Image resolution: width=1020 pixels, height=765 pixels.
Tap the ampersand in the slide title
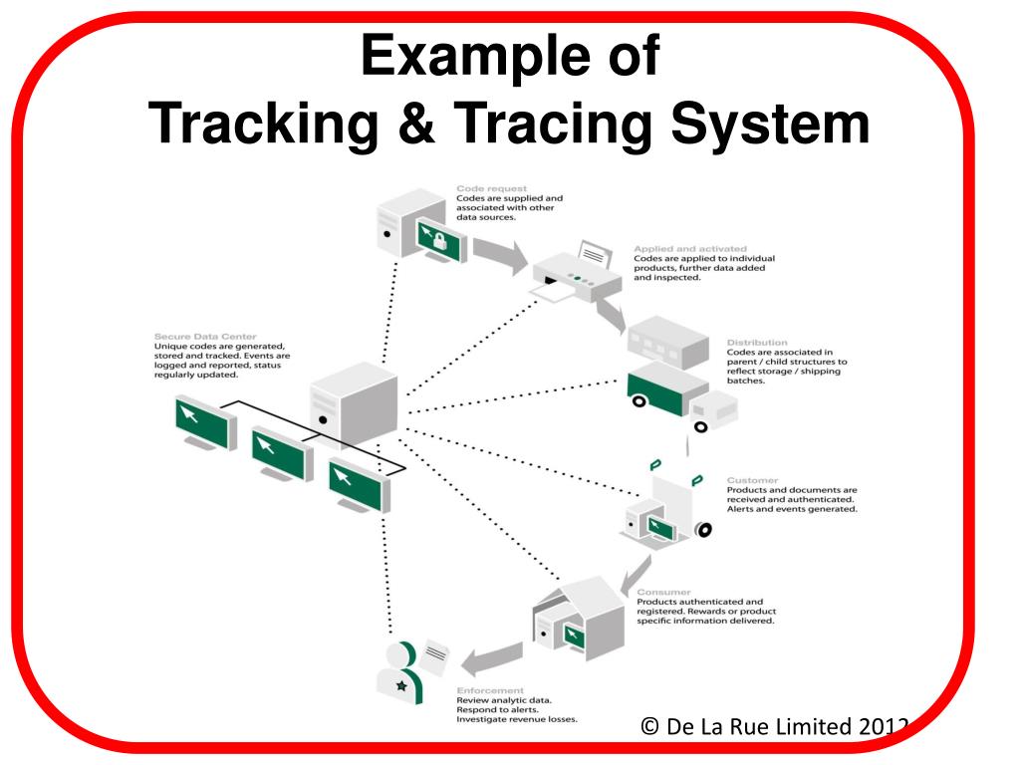coord(417,125)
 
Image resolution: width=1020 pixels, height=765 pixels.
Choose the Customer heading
coord(753,480)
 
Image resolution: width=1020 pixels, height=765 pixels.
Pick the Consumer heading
coord(663,592)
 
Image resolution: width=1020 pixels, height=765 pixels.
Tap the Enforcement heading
coord(490,690)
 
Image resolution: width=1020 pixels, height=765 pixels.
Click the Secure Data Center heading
coord(204,336)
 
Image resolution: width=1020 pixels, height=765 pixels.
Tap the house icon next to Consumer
coord(578,618)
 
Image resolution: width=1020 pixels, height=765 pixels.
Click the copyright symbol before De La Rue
coord(651,725)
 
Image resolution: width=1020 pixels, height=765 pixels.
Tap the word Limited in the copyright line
coord(806,725)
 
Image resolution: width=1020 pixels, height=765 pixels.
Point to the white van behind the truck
coord(714,409)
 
